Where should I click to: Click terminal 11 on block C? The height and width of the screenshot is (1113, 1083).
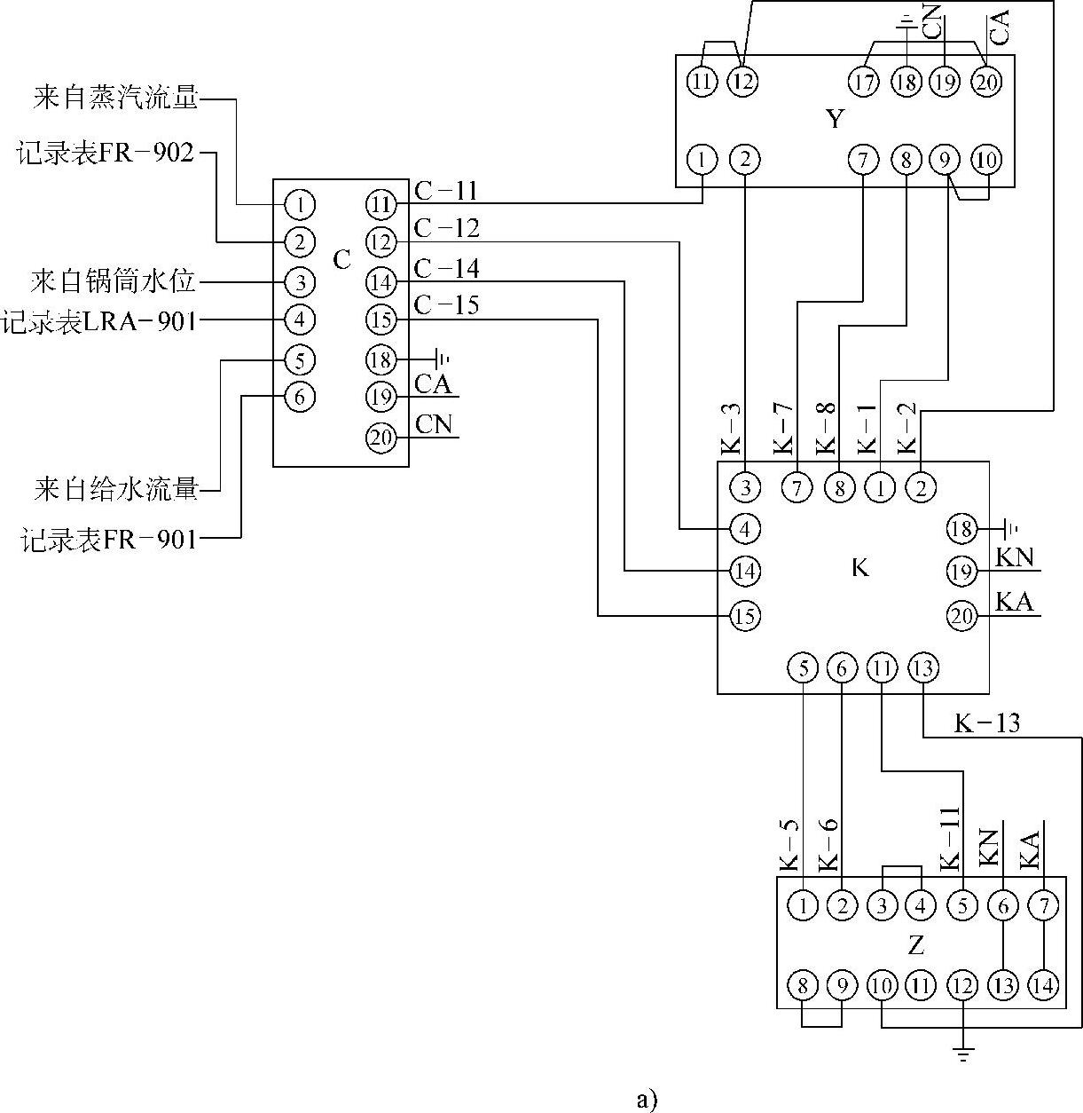point(381,205)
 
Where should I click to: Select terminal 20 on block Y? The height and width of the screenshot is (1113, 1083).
point(985,83)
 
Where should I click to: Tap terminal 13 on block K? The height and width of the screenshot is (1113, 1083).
point(922,667)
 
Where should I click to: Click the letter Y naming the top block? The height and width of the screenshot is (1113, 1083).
point(835,119)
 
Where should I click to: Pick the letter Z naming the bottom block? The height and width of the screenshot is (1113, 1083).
point(916,945)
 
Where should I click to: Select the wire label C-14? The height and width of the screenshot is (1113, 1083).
point(446,267)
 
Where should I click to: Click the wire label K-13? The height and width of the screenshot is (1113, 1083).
point(986,723)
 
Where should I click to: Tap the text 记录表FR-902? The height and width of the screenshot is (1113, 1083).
point(105,153)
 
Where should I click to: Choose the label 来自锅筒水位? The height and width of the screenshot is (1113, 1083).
point(113,283)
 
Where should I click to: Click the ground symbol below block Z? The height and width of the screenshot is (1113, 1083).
point(962,1054)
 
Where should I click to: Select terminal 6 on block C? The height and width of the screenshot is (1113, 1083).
point(300,396)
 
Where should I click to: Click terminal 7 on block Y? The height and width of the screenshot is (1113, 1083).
point(862,161)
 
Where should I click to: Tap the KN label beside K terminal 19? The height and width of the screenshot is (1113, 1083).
point(1015,557)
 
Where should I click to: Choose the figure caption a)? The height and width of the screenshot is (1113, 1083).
point(647,1100)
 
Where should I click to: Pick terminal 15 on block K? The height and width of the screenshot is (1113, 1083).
point(745,615)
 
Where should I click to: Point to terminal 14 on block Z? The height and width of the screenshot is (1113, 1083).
point(1043,985)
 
